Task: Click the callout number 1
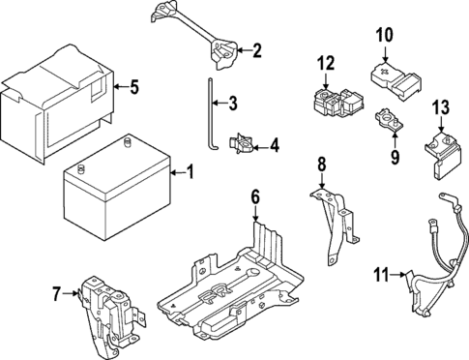[190, 173]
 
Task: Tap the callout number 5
[134, 88]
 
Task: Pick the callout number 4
[275, 146]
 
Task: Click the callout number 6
[255, 197]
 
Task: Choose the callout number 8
[322, 165]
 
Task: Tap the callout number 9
[394, 153]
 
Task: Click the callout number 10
[384, 36]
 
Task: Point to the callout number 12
[326, 64]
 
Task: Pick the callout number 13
[441, 106]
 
